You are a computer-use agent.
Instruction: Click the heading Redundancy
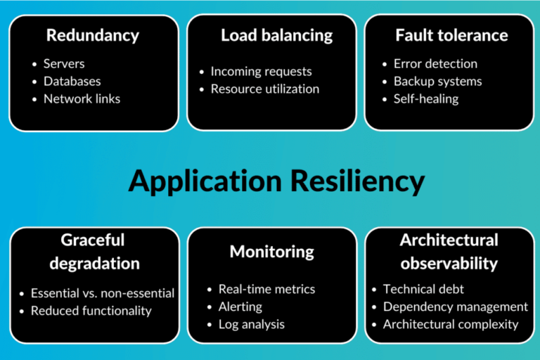[x=93, y=34]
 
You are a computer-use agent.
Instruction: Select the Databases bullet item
[x=72, y=81]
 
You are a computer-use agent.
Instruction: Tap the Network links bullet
[x=82, y=98]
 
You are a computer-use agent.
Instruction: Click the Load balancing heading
[x=271, y=34]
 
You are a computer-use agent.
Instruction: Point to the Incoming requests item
[x=261, y=71]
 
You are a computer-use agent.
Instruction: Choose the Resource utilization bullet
[x=265, y=89]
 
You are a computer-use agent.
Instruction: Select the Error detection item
[x=435, y=63]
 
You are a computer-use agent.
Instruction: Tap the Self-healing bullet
[x=426, y=98]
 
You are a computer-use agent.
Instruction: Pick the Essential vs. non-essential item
[x=103, y=292]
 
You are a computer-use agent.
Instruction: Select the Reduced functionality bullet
[x=91, y=310]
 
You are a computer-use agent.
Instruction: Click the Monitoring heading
[x=271, y=251]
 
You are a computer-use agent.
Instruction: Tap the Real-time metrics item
[x=267, y=289]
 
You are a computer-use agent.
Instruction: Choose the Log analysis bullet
[x=252, y=324]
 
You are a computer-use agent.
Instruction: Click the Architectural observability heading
[x=449, y=252]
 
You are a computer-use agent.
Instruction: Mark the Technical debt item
[x=423, y=289]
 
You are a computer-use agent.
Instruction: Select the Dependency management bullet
[x=456, y=307]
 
